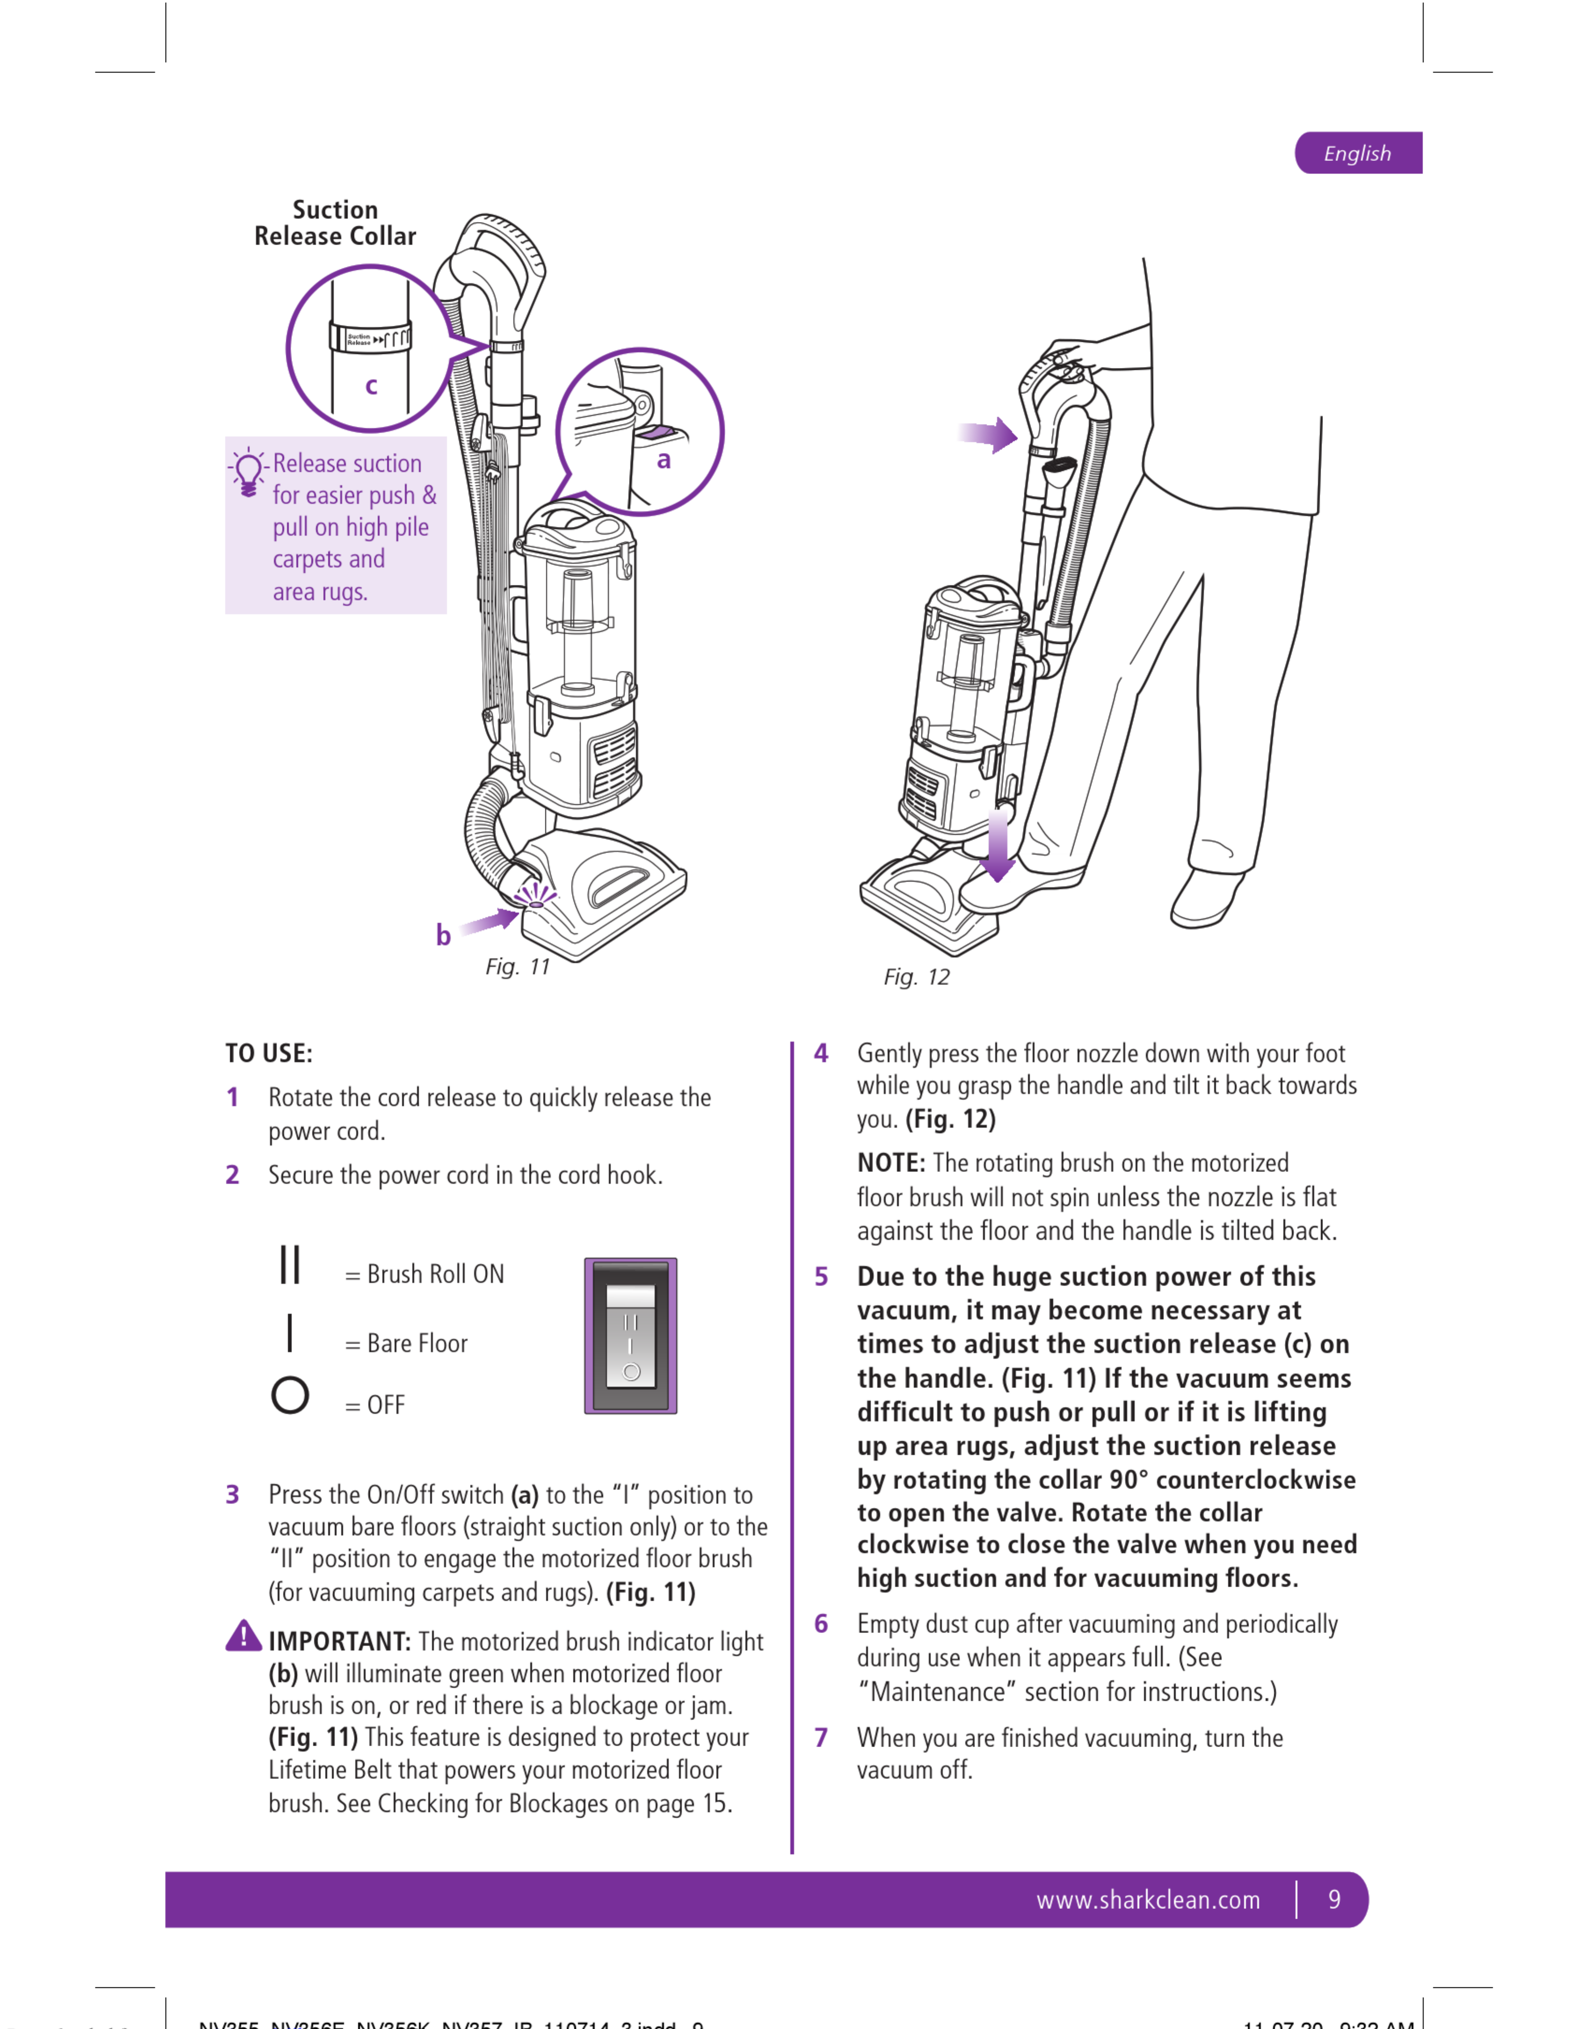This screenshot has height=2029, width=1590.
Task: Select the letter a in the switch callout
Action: click(x=664, y=460)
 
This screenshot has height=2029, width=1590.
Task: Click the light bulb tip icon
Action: click(x=248, y=472)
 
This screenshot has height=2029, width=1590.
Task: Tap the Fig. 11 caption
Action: click(x=518, y=967)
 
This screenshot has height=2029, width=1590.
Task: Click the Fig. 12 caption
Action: click(x=916, y=977)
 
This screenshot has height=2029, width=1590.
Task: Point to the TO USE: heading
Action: click(x=269, y=1054)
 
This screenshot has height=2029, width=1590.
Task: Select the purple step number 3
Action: click(x=233, y=1495)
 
